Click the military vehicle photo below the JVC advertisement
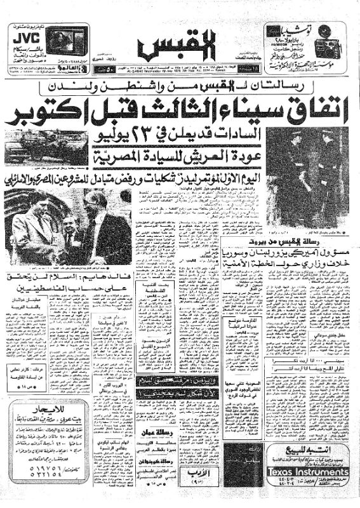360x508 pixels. [x=46, y=144]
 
